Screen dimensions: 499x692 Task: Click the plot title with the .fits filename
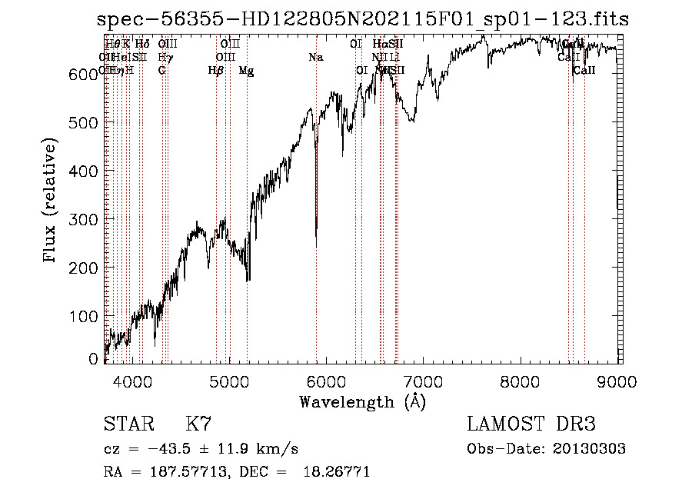point(363,19)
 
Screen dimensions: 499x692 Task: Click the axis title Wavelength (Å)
point(362,401)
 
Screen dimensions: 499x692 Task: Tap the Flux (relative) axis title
point(51,201)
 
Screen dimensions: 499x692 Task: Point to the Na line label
point(316,58)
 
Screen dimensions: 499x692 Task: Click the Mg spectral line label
point(246,71)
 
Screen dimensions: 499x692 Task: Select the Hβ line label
point(216,71)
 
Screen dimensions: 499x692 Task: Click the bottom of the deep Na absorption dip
point(316,246)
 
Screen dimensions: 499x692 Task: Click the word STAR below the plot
point(128,424)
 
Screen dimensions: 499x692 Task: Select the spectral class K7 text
point(198,424)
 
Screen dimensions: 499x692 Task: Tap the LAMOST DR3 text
point(531,424)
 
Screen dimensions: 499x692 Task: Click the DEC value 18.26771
point(338,472)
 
